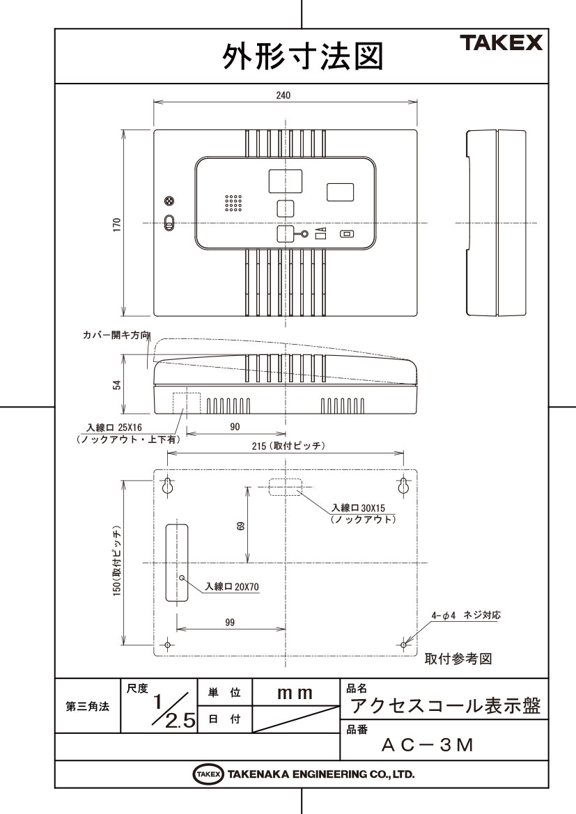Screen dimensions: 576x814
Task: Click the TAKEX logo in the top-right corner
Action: [501, 42]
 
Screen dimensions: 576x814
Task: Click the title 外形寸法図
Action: [303, 56]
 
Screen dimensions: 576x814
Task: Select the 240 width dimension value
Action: [283, 95]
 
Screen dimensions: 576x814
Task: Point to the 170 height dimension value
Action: [117, 224]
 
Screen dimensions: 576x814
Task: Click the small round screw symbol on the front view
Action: [169, 201]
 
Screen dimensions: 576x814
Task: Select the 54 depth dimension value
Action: [117, 384]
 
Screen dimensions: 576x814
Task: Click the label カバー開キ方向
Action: [116, 336]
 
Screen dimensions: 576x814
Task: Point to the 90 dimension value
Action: [235, 427]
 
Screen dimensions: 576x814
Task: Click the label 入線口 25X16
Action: [114, 428]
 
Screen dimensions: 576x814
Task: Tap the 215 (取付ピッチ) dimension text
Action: [288, 446]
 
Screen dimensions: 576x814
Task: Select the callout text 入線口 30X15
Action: [359, 508]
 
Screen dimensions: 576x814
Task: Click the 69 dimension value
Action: [240, 526]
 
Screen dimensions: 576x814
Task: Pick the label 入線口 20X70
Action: [232, 587]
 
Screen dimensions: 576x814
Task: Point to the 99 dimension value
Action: [230, 623]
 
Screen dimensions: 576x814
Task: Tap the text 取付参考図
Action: [458, 659]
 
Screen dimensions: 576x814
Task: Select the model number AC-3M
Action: [428, 746]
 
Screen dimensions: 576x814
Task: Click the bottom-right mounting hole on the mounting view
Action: [403, 645]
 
